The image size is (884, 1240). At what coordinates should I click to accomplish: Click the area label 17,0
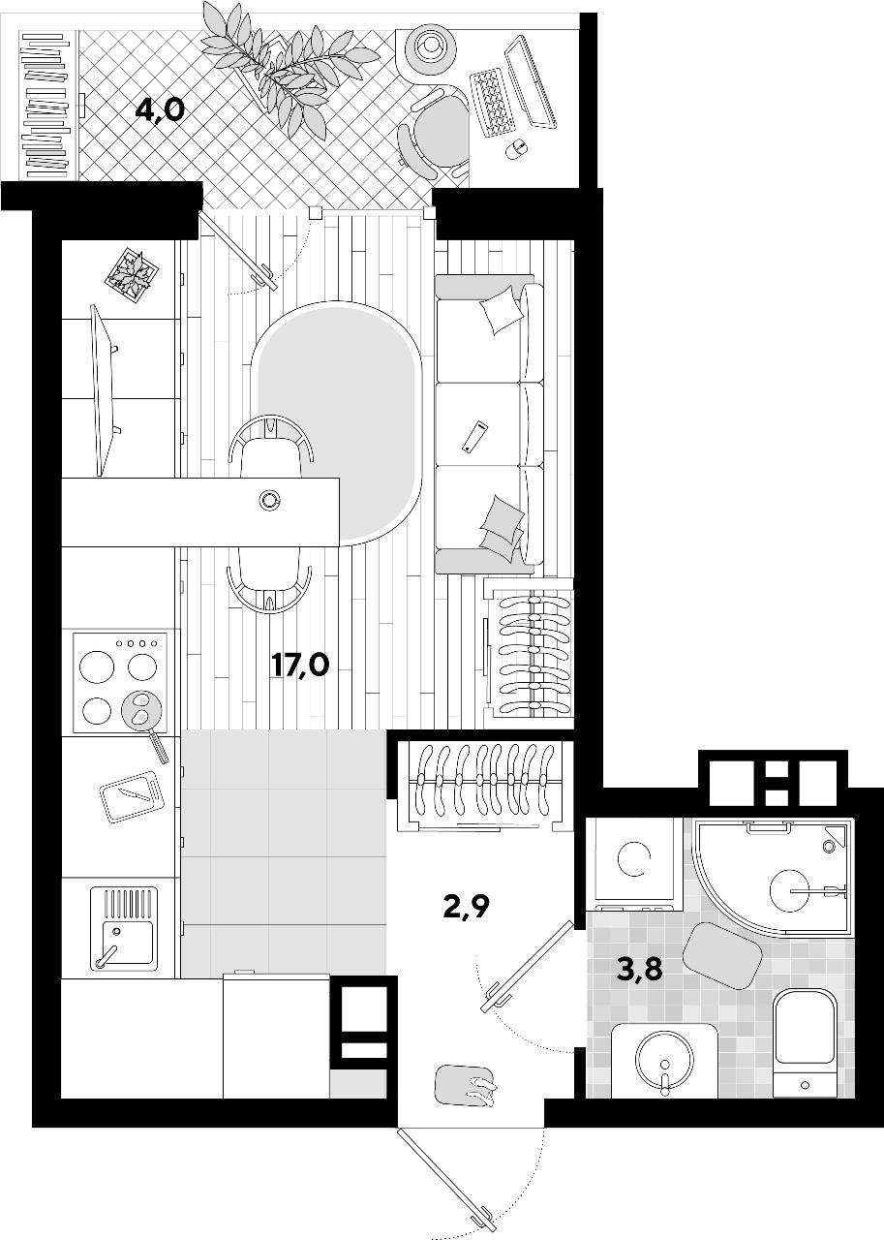(300, 666)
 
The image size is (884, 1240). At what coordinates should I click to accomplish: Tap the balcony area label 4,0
(160, 111)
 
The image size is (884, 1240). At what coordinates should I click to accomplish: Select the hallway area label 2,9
(467, 908)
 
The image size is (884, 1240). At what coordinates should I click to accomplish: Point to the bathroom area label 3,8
(639, 970)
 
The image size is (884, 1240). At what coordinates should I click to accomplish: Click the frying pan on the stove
(145, 722)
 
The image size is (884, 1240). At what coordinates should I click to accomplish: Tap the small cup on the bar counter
(269, 500)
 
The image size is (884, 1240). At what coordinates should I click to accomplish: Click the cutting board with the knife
(133, 797)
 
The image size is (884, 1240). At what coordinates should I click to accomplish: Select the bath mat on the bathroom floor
(722, 953)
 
